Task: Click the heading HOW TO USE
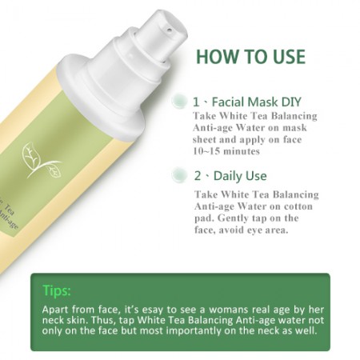[x=250, y=57]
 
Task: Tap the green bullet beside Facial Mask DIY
[x=179, y=101]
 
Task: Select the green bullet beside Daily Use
[x=179, y=174]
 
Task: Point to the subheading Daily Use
[x=240, y=176]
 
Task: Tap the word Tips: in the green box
[x=57, y=290]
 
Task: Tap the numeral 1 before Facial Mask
[x=196, y=102]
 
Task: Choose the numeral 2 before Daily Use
[x=198, y=176]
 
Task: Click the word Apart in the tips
[x=54, y=310]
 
